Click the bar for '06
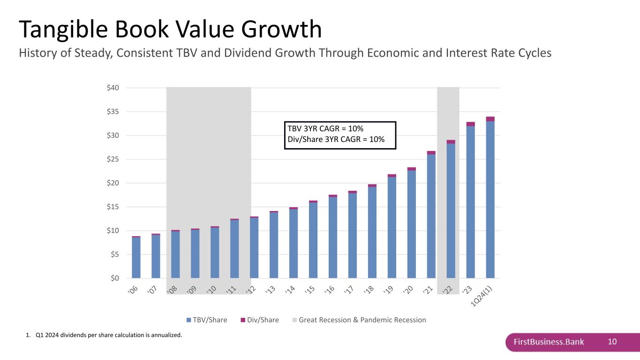pos(136,257)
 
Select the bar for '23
pos(470,202)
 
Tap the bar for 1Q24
pos(490,199)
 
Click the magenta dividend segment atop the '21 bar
pos(431,153)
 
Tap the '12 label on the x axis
pos(254,291)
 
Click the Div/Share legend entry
pos(259,320)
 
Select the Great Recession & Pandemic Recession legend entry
pos(359,320)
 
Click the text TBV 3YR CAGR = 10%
pos(326,129)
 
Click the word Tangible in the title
pos(65,29)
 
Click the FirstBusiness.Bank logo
pos(549,342)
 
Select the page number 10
pos(612,342)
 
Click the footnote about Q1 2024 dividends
pos(104,335)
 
